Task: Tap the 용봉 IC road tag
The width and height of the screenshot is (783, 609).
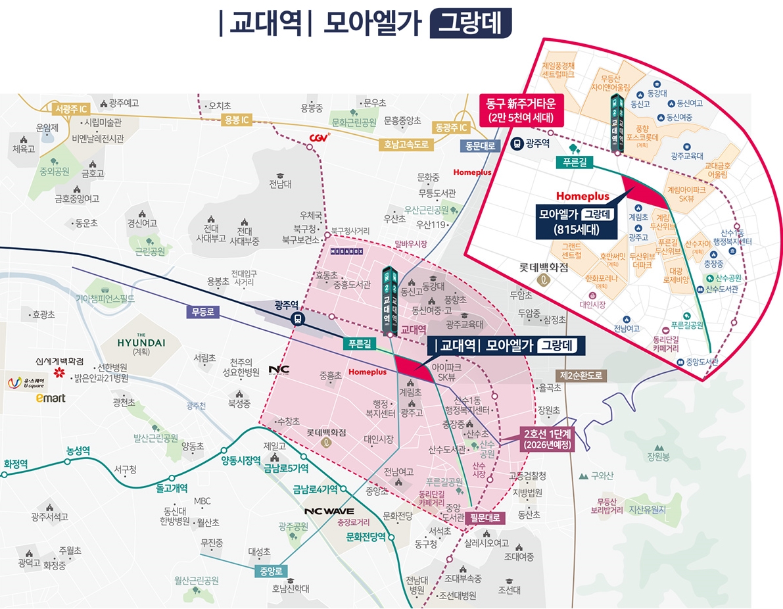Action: [x=235, y=120]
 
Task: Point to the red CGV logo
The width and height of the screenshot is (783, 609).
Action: [x=319, y=137]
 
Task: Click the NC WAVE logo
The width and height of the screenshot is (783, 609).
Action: [x=329, y=511]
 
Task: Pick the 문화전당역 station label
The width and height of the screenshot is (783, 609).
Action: [x=366, y=537]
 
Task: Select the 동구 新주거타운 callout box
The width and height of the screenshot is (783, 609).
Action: [x=521, y=111]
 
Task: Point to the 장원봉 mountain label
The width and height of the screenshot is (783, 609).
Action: [x=658, y=456]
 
